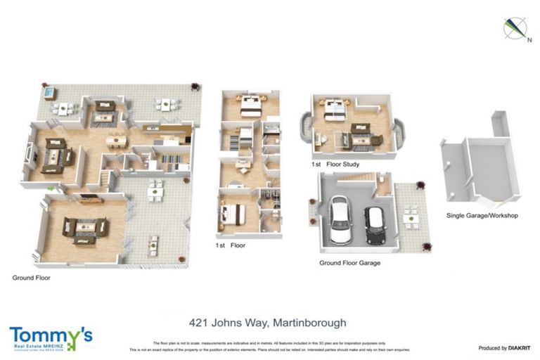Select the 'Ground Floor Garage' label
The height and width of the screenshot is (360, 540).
click(x=349, y=263)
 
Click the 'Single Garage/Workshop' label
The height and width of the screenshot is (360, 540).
click(x=482, y=215)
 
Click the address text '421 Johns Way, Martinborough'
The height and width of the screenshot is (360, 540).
click(x=268, y=323)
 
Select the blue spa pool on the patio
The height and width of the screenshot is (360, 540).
click(x=49, y=92)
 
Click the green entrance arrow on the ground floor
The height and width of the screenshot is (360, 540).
click(x=51, y=188)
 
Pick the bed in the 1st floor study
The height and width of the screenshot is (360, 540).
click(x=335, y=108)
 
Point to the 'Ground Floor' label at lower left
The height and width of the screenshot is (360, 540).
click(x=31, y=277)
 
